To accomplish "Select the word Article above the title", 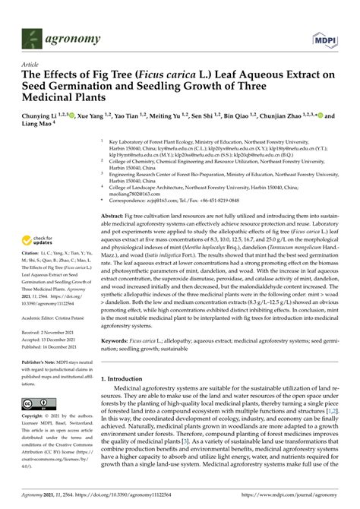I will point(31,65).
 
